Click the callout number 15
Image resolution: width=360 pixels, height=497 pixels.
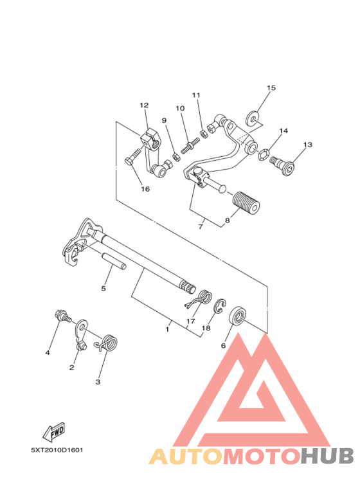[271, 87]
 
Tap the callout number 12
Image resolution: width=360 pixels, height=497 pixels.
[143, 105]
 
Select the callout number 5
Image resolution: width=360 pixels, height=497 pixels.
[104, 289]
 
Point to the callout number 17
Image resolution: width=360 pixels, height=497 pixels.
[191, 321]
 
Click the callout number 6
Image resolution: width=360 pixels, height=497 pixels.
[224, 345]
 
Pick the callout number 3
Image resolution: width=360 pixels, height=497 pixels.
[98, 382]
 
